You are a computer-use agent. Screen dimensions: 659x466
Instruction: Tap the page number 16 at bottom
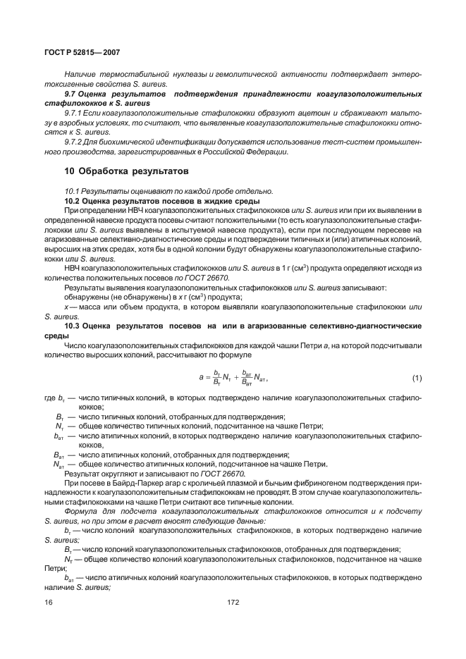click(x=49, y=603)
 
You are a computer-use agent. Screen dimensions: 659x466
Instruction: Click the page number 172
click(x=233, y=603)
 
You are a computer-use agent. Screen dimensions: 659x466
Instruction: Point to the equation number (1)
click(x=417, y=378)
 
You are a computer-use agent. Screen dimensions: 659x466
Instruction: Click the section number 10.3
click(x=73, y=326)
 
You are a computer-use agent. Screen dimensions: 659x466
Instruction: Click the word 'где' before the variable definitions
click(x=49, y=399)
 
